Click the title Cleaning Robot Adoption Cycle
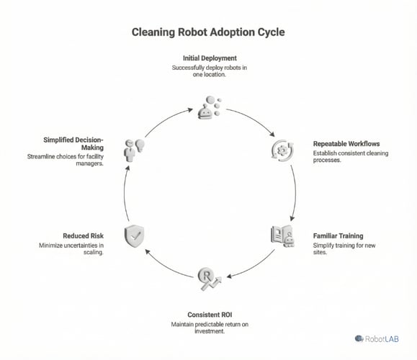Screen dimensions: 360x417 pos(208,32)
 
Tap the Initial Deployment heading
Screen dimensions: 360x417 pos(208,58)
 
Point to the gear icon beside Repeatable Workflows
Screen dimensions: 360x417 pos(280,150)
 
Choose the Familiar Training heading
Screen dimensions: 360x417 pos(338,235)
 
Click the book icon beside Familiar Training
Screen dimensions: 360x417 pos(282,235)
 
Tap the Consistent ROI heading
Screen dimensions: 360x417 pos(208,315)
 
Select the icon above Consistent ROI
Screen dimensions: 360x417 pos(207,277)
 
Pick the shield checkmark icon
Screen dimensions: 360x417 pos(134,235)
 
